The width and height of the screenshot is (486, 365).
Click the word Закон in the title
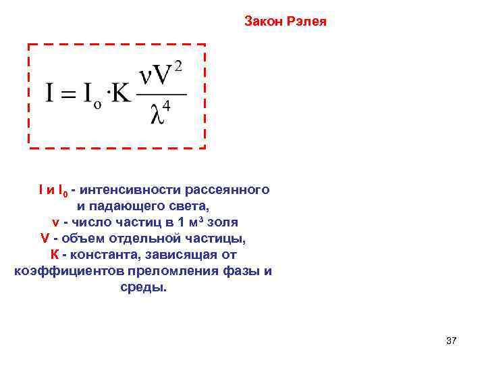(262, 22)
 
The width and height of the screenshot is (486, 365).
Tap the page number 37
(452, 341)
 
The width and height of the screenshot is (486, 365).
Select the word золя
(223, 222)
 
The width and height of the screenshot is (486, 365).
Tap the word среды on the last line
(145, 288)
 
